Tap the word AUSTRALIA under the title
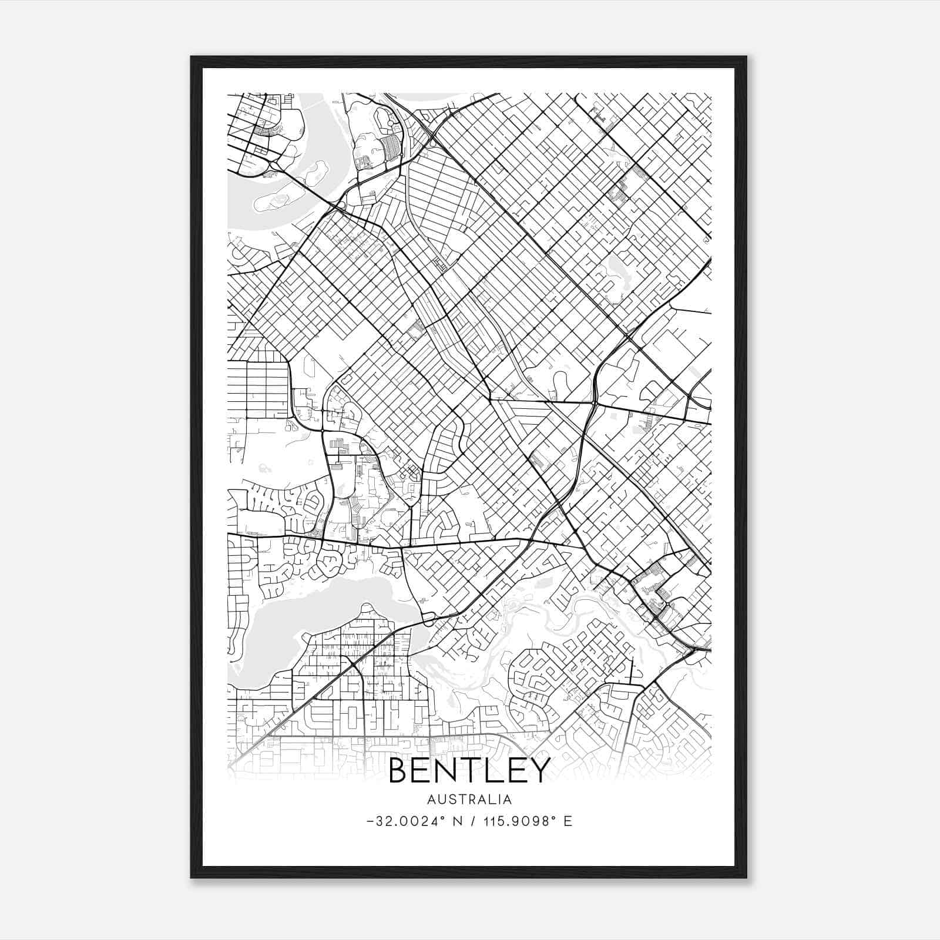469,800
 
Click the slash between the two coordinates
473,821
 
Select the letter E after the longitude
568,821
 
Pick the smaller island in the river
315,171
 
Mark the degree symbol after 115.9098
553,817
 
